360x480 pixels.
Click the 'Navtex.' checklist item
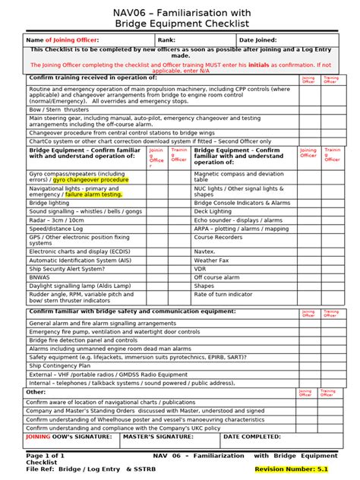(206, 251)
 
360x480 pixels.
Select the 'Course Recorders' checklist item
(219, 237)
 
